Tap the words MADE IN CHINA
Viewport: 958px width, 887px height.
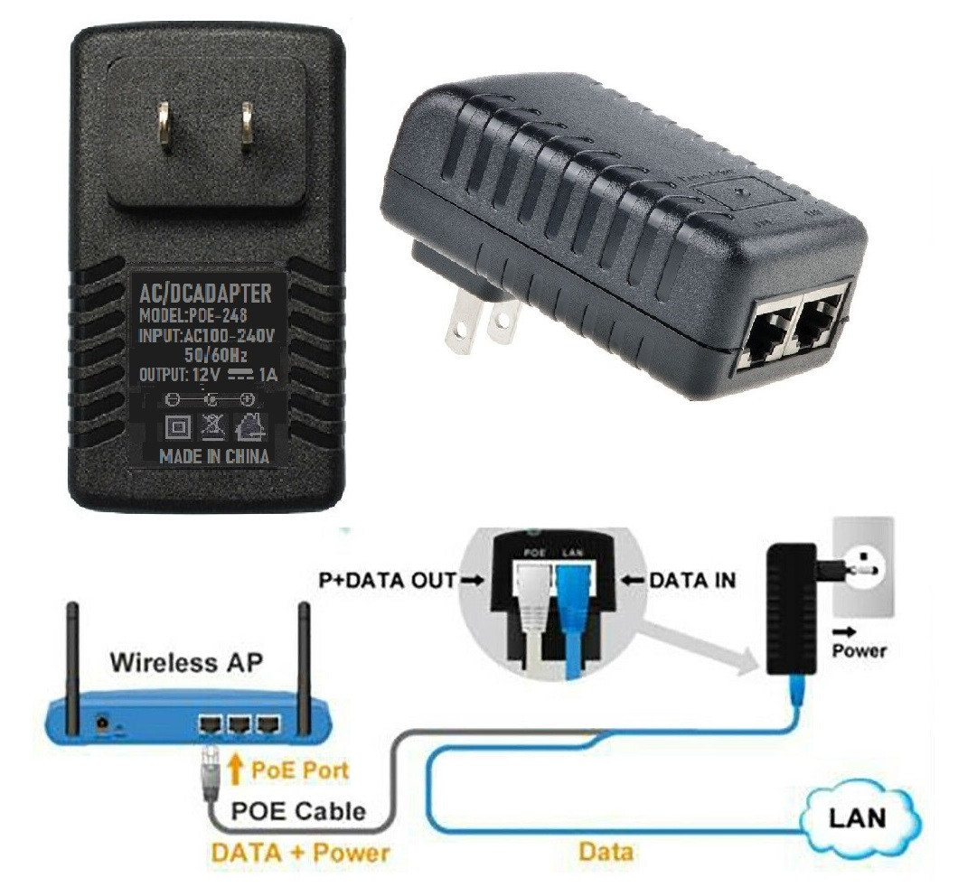pos(214,456)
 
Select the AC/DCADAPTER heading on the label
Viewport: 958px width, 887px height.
pos(205,293)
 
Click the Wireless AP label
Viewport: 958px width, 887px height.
pos(186,661)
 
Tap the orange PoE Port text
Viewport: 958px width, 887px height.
pos(299,770)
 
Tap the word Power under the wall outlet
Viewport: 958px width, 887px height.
pos(859,649)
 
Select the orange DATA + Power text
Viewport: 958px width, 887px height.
pos(300,851)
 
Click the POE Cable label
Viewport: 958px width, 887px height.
pos(299,810)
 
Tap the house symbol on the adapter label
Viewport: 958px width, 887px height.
pos(249,425)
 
